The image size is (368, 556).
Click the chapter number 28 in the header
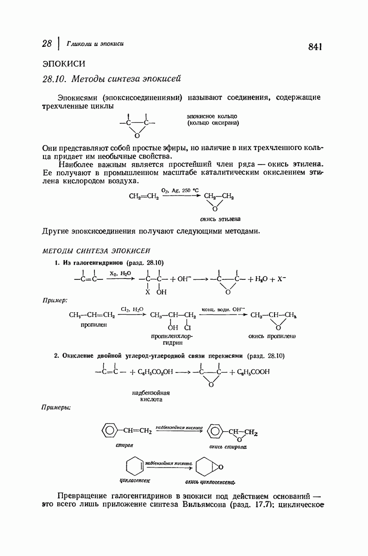tap(46, 44)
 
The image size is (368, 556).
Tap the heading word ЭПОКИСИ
tap(63, 63)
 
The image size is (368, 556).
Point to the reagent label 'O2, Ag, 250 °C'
tap(180, 190)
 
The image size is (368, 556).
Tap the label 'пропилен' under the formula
tap(94, 325)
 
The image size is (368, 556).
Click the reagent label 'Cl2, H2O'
tap(132, 309)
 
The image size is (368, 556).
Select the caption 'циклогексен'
tap(135, 480)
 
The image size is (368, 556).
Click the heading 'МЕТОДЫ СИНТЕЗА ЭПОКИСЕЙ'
tap(96, 251)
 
